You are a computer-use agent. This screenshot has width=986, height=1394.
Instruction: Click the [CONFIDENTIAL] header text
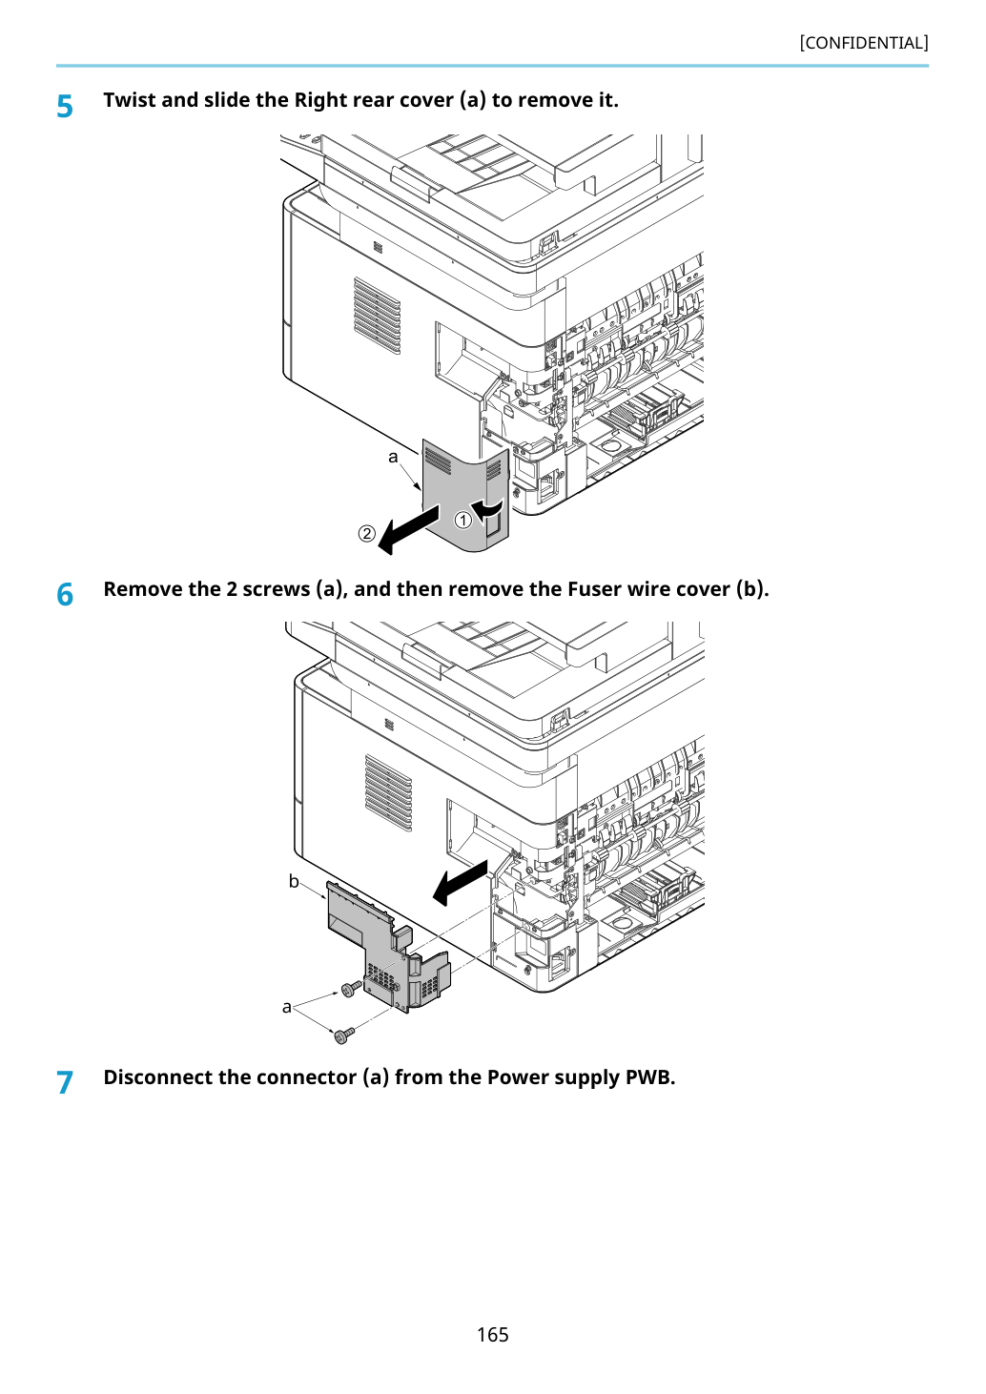pos(863,43)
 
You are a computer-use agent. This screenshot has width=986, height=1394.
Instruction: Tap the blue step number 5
pos(65,107)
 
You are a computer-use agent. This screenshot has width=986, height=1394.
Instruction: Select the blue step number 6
pos(65,594)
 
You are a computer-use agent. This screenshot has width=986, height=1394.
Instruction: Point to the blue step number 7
pos(65,1083)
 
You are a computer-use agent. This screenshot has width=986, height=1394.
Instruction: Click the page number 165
pos(492,1334)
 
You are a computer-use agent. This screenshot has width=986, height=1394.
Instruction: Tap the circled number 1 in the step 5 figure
pos(462,520)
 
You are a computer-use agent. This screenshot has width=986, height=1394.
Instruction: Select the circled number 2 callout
pos(366,533)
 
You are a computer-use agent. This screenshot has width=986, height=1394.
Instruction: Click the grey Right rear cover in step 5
pos(465,495)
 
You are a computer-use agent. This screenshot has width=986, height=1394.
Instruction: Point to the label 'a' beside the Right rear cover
pos(393,458)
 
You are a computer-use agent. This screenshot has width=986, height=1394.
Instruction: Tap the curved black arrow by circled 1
pos(486,508)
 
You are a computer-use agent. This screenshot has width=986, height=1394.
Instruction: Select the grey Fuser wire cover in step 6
pos(387,947)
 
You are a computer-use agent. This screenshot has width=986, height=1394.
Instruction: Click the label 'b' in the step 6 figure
pos(294,881)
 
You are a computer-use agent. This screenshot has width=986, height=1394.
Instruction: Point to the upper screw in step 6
pos(351,988)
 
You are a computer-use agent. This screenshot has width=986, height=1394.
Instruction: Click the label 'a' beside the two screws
pos(286,1007)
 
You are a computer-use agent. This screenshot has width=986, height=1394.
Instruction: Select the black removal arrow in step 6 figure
pos(460,883)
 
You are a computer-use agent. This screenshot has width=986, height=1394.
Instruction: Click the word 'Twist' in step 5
pos(130,99)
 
